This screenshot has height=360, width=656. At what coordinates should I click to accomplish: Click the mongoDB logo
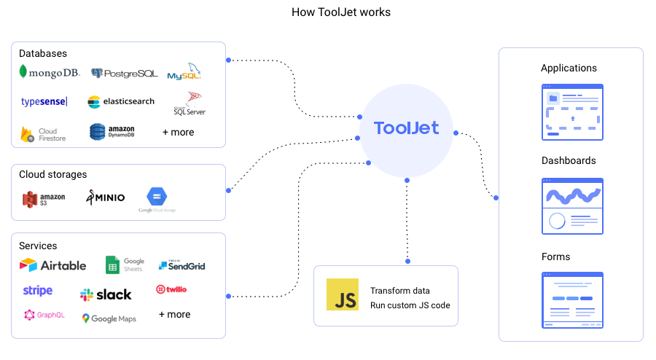tap(50, 73)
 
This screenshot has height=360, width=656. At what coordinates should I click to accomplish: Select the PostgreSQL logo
tap(124, 74)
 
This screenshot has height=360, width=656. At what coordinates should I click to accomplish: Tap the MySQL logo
tap(184, 73)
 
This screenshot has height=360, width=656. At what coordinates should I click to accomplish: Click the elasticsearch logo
tap(121, 102)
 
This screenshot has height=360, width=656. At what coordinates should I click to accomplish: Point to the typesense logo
tap(44, 102)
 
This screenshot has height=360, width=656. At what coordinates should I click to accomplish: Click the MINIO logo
tap(106, 197)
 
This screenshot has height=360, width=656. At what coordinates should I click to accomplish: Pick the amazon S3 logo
tap(44, 198)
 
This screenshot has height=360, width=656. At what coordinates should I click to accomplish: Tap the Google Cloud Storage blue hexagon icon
tap(157, 197)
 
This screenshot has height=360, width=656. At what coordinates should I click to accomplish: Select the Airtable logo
tap(52, 265)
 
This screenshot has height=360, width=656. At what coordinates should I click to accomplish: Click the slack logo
tap(106, 294)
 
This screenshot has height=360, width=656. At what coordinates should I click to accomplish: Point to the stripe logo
tap(38, 291)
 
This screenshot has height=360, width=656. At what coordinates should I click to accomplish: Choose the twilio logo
tap(171, 289)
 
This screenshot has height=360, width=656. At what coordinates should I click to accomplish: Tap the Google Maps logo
tap(109, 318)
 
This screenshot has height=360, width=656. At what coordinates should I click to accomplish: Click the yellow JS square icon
tap(343, 294)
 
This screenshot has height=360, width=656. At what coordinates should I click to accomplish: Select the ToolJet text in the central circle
tap(406, 128)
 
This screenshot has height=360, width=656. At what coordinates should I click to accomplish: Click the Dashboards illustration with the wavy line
tap(572, 206)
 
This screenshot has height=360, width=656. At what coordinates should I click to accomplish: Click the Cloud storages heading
tap(52, 175)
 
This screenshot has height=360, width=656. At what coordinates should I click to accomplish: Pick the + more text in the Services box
tap(174, 315)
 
